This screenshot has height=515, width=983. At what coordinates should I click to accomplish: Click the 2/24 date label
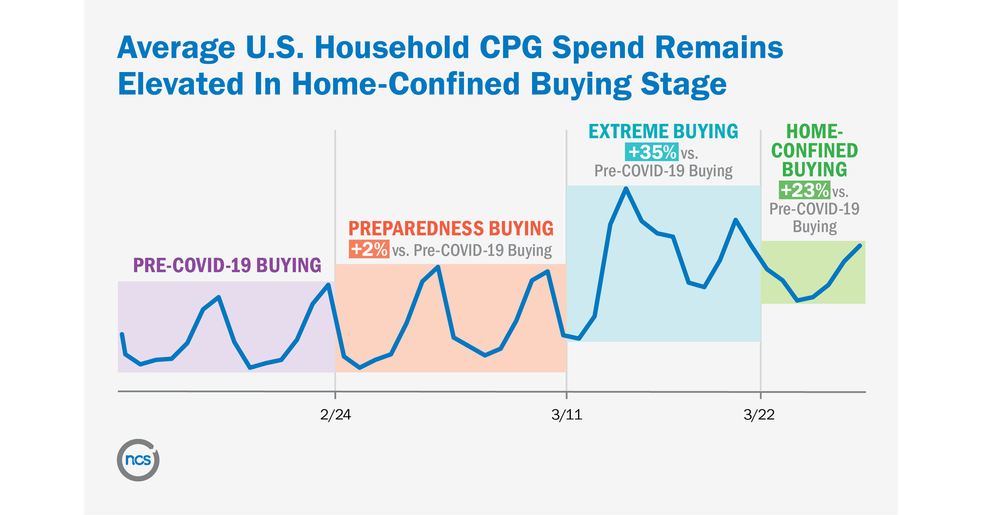tap(335, 415)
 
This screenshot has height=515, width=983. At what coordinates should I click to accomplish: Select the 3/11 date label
tap(567, 415)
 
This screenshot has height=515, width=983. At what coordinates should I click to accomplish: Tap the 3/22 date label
tap(759, 415)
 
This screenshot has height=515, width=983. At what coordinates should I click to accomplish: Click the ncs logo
tap(138, 460)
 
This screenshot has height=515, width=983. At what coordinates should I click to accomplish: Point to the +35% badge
tap(652, 152)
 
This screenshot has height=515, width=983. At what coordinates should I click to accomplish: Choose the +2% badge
tap(369, 249)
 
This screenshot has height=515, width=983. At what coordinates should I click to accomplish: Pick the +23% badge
tap(804, 190)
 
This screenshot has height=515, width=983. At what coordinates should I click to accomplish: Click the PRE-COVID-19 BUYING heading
tap(227, 265)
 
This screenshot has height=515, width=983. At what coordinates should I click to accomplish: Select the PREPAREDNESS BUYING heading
tap(451, 229)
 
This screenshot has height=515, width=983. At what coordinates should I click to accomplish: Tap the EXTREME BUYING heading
tap(663, 131)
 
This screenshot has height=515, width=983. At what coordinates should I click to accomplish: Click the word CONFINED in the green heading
tap(814, 151)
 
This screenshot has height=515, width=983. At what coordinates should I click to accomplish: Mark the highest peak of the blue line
tap(626, 188)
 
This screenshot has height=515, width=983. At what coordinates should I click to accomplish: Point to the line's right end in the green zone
tap(860, 246)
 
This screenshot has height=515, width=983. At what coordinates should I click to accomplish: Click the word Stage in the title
tap(683, 85)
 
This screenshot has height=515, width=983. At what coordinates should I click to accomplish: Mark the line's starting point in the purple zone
tap(122, 334)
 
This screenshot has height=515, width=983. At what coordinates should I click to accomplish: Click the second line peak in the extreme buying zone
tap(735, 220)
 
